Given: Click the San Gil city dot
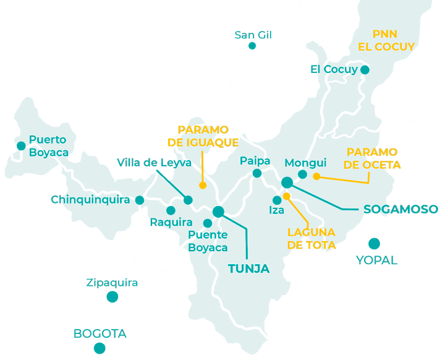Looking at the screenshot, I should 252,46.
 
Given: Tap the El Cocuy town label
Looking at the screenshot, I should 334,69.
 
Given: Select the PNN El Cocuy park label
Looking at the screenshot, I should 386,40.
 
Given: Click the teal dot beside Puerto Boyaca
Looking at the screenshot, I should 21,146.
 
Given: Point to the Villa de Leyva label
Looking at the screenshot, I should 154,163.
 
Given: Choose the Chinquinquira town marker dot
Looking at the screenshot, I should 140,200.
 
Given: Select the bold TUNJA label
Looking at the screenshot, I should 248,269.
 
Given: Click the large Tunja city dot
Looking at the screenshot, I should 218,212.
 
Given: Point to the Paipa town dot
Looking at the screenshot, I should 256,173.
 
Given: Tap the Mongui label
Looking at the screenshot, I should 305,163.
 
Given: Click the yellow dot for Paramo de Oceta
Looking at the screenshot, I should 316,176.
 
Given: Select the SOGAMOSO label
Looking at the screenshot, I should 400,209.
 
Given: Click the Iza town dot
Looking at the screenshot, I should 277,200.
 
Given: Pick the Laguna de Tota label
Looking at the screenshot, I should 311,239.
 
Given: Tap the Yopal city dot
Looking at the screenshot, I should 373,244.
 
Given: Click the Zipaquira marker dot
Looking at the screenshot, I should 112,297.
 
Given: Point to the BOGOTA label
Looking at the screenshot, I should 100,334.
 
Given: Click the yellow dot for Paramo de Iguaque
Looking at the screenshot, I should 202,185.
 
